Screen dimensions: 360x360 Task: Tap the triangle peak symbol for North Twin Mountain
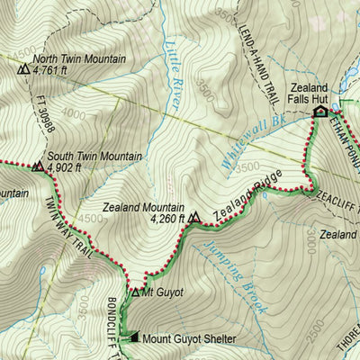(22, 67)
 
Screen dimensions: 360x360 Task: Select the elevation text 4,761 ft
(55, 69)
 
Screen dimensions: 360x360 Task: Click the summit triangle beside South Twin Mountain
(38, 166)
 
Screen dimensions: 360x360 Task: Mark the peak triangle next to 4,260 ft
(195, 217)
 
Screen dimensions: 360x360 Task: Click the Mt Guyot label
(162, 292)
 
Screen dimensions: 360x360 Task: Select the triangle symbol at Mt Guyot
(136, 292)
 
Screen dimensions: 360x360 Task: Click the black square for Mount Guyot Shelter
(135, 338)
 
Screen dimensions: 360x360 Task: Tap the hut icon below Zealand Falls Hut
(319, 112)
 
